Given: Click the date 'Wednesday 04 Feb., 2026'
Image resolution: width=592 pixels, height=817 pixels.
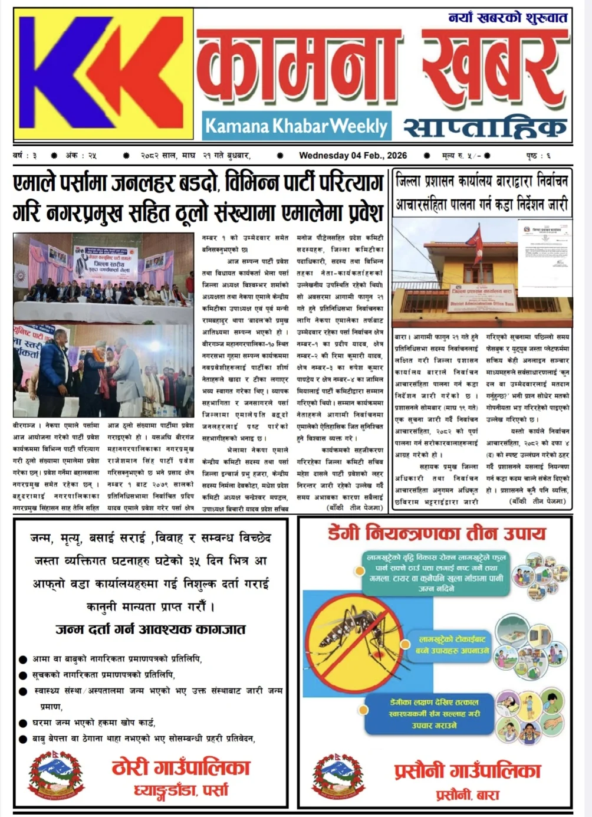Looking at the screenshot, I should [353, 156].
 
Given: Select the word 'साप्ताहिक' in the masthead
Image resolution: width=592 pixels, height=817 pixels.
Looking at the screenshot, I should [485, 126].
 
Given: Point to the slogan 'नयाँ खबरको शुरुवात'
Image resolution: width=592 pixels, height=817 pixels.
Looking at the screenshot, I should [507, 18].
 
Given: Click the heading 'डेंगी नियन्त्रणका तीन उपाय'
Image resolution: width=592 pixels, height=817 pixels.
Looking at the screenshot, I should [436, 534].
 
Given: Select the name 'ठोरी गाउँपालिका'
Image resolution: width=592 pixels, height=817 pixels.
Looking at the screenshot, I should [181, 767].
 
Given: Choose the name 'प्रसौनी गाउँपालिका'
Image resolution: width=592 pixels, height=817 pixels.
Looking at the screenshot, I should [467, 770].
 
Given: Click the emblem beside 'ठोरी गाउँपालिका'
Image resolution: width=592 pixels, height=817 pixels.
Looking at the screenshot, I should [57, 775].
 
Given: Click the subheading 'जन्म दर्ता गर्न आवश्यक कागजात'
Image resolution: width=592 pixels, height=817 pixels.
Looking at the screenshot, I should [150, 629].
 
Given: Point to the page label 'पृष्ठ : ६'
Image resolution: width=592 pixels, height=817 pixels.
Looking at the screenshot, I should [538, 156].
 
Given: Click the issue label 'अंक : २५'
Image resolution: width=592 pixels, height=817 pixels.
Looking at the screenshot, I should [81, 156].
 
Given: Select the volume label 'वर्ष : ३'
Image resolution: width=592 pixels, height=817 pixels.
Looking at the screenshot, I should [25, 156].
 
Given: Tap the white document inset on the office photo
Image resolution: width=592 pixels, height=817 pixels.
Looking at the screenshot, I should [545, 257].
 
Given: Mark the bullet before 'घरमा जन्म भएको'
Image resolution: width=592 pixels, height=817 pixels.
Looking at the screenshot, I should [23, 723].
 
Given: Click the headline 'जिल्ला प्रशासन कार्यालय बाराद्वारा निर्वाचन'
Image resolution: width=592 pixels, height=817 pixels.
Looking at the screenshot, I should [482, 181].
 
